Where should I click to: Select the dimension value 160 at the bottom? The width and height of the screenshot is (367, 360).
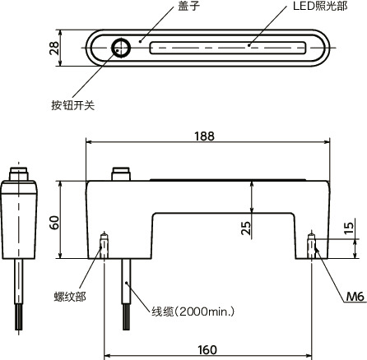pyautogui.click(x=207, y=350)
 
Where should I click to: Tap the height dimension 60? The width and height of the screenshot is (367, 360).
pyautogui.click(x=54, y=222)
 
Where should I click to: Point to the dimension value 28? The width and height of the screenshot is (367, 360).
pyautogui.click(x=53, y=48)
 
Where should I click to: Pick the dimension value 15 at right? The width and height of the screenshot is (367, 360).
pyautogui.click(x=350, y=229)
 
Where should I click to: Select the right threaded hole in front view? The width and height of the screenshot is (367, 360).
pyautogui.click(x=312, y=245)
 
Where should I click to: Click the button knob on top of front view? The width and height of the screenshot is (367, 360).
pyautogui.click(x=121, y=175)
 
